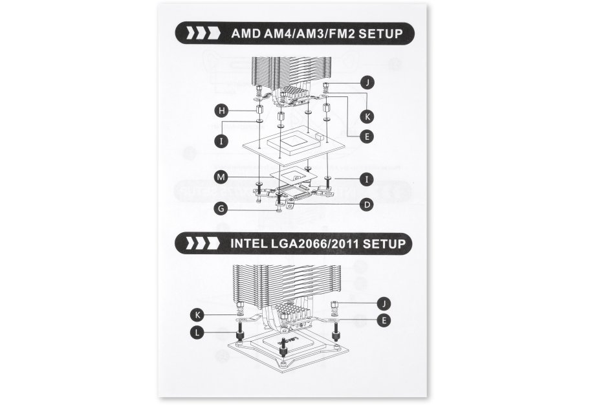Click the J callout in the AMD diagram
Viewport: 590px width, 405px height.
click(367, 82)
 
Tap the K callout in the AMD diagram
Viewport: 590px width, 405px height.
click(367, 116)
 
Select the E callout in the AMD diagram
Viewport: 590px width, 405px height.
click(367, 136)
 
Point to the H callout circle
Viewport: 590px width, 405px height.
click(221, 111)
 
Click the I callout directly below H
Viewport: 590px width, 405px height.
click(221, 141)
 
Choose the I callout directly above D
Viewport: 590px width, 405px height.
click(367, 179)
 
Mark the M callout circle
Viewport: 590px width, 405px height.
click(221, 177)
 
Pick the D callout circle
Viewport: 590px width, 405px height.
click(367, 204)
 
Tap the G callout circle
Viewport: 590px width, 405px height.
click(221, 208)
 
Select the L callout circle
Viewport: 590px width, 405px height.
click(197, 333)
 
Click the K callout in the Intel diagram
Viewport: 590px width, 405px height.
click(197, 314)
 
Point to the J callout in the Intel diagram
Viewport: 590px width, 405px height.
click(384, 303)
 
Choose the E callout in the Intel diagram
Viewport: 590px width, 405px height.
click(384, 320)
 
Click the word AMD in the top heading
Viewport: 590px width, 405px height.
click(246, 34)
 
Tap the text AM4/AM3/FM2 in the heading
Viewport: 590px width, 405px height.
click(309, 34)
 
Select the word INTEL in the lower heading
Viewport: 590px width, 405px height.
click(248, 243)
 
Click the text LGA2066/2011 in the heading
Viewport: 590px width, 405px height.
click(314, 243)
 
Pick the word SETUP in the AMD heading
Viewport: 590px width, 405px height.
click(380, 34)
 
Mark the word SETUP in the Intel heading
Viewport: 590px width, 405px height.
click(384, 243)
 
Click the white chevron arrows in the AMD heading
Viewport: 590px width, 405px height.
click(203, 33)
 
